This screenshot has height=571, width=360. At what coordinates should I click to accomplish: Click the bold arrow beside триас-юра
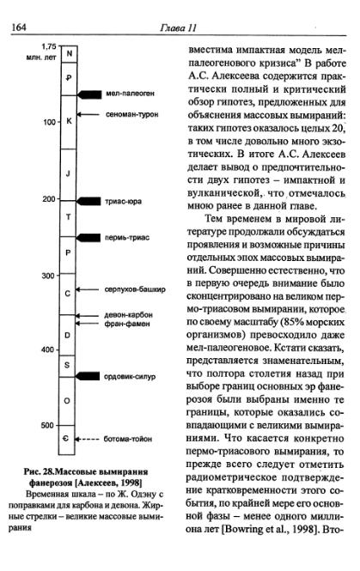tap(88, 200)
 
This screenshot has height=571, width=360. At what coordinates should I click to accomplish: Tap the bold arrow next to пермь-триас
tap(88, 237)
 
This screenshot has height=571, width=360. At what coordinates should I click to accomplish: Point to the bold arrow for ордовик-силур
tap(88, 376)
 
